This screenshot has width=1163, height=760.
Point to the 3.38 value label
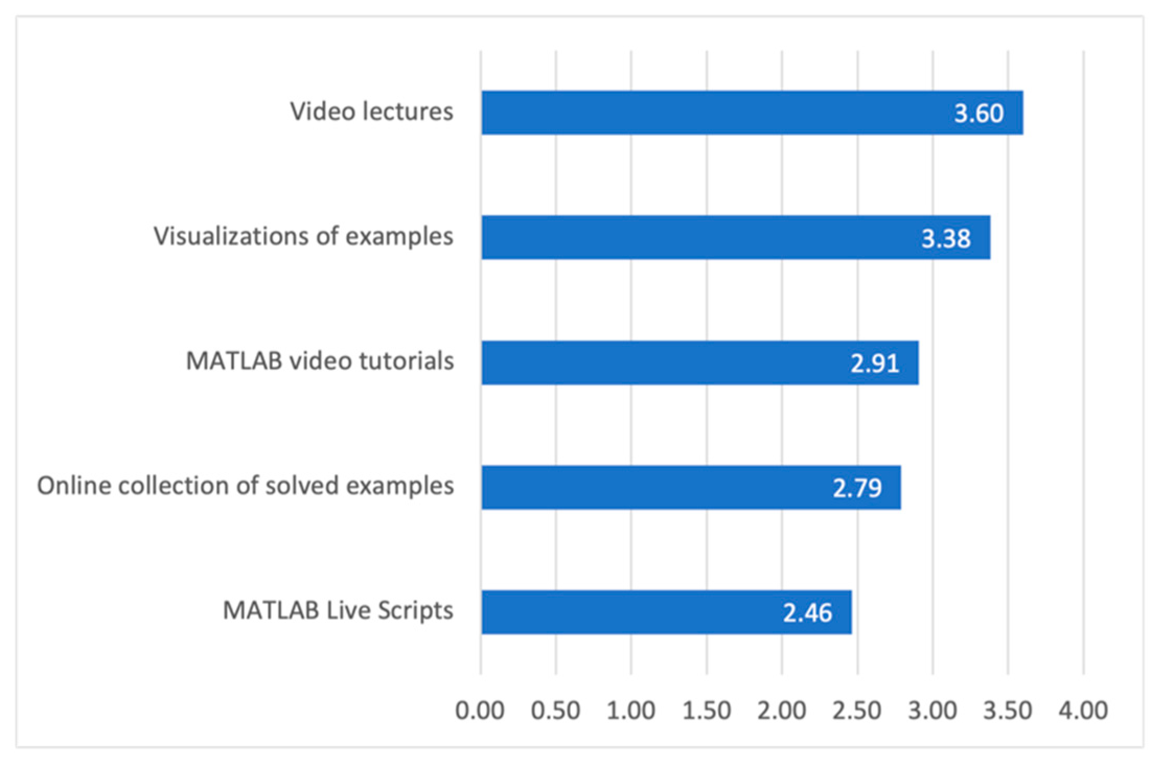coord(946,239)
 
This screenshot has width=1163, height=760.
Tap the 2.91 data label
coord(874,364)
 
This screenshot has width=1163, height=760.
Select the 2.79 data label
coord(857,488)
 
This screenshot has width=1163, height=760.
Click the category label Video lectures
coord(372,112)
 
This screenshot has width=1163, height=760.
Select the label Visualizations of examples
coord(303,237)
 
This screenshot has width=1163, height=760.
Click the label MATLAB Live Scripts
coord(338,611)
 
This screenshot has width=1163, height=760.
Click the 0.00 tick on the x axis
coord(480,711)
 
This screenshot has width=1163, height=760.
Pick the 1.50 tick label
coord(707,711)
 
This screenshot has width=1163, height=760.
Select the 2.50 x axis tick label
coord(857,711)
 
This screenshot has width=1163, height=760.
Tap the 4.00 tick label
coord(1083,711)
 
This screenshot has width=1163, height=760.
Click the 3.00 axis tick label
coord(932,711)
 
